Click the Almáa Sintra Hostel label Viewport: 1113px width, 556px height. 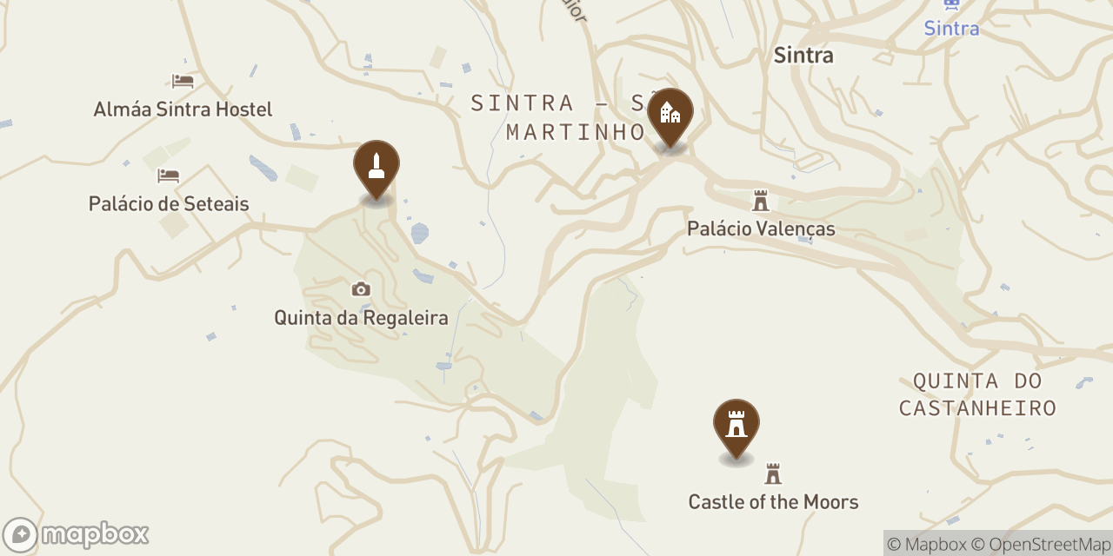183,109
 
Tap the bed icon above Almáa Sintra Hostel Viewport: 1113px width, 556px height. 183,81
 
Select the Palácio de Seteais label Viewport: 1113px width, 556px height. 169,204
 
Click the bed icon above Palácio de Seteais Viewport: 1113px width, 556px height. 168,175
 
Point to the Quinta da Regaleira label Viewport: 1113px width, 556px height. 361,318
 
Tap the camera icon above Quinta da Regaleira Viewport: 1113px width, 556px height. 361,289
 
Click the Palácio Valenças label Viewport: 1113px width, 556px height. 761,228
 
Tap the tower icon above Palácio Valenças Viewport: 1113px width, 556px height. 761,202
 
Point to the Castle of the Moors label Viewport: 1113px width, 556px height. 773,502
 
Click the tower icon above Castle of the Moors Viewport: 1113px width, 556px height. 773,474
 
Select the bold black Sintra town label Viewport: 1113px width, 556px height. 803,56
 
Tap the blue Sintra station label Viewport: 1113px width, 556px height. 951,29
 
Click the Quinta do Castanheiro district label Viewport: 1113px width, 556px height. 977,394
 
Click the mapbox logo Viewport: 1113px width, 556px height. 77,534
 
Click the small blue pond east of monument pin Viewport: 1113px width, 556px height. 419,233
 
